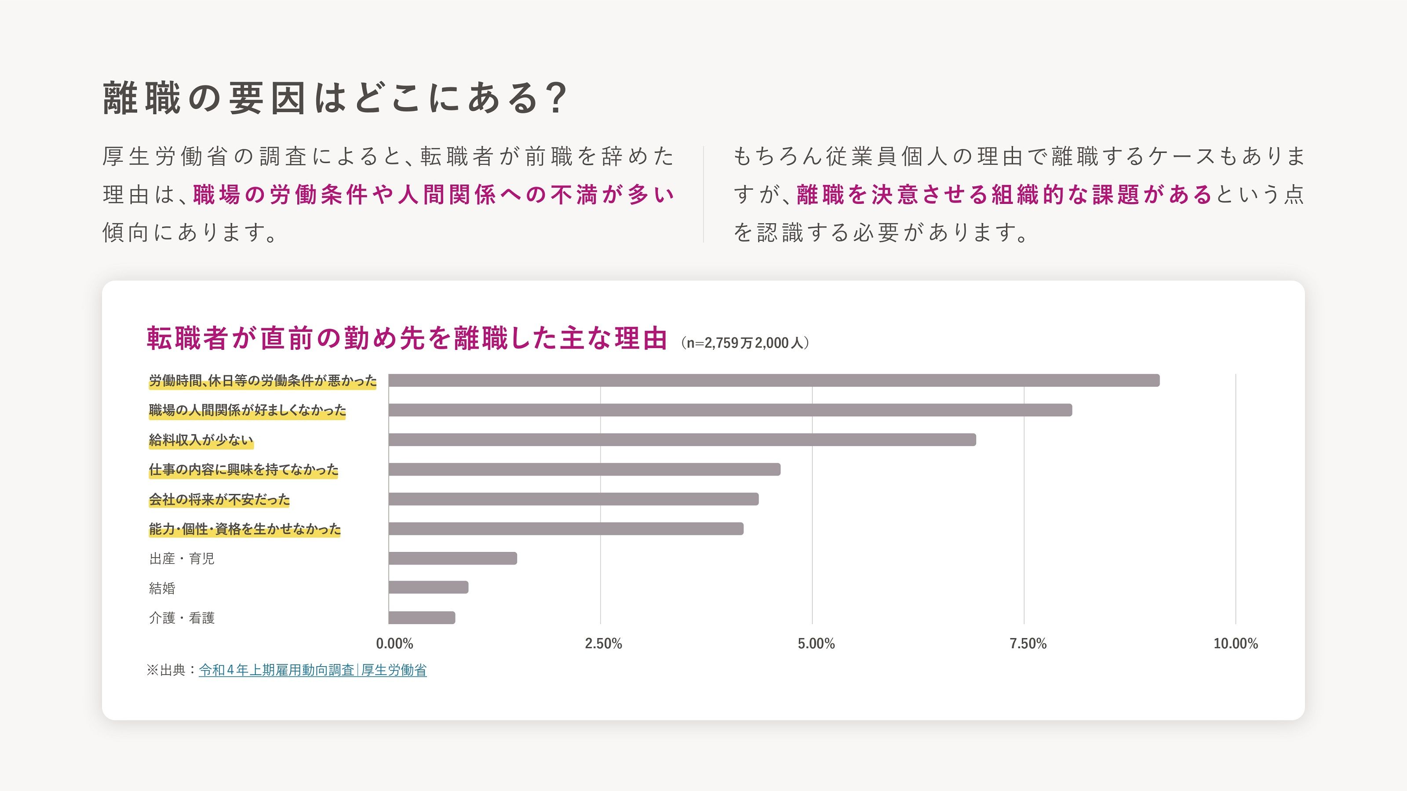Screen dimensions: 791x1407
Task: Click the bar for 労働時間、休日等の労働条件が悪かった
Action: [x=773, y=381]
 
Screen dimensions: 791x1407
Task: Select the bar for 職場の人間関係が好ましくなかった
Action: [x=730, y=410]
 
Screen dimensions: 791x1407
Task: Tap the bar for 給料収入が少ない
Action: [x=682, y=439]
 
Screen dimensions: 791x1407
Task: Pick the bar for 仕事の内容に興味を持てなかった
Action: [x=584, y=469]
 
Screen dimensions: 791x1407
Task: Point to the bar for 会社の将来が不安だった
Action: [x=573, y=499]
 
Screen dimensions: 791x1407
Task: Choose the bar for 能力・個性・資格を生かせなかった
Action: [x=565, y=528]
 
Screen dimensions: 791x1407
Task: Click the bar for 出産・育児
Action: [x=452, y=558]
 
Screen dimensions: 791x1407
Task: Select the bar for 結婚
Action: [x=428, y=588]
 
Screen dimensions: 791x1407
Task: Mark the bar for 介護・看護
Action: [x=422, y=617]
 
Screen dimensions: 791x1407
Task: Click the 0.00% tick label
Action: [x=394, y=644]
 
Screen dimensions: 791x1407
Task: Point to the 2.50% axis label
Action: [x=603, y=644]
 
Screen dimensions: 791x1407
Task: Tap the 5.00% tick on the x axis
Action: [x=816, y=644]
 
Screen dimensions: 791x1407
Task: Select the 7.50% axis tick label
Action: [x=1028, y=644]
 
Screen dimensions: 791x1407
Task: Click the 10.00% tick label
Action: [x=1235, y=644]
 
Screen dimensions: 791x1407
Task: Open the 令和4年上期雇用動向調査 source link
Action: [x=313, y=670]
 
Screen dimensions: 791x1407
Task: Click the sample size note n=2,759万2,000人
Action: [x=745, y=343]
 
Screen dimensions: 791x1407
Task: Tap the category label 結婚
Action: [x=162, y=588]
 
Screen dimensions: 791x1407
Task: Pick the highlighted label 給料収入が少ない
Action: [x=200, y=440]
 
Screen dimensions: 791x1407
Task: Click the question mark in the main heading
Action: [x=557, y=98]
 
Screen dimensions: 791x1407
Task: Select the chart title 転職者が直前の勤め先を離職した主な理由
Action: [x=407, y=338]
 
